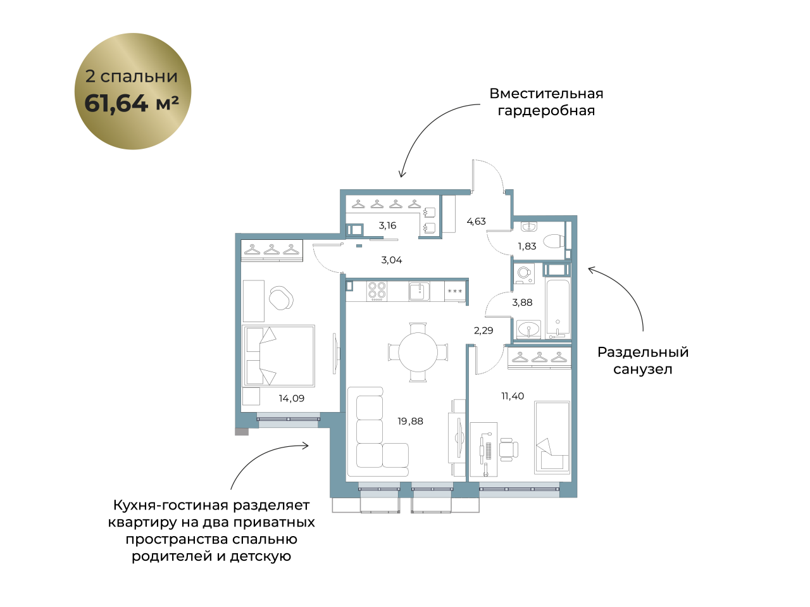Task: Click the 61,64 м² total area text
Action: [132, 103]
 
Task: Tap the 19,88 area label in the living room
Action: [410, 421]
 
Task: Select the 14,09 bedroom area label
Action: [292, 399]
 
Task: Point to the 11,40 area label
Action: [513, 396]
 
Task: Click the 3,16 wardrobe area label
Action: [387, 225]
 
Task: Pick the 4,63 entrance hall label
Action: [476, 222]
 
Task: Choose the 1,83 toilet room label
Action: [527, 246]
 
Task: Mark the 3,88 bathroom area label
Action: [522, 303]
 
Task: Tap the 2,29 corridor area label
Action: [483, 330]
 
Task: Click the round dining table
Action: [418, 352]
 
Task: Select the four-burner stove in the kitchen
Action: [377, 291]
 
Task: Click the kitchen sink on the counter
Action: [419, 291]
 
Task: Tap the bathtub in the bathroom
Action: [558, 309]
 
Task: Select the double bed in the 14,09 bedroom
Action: [278, 356]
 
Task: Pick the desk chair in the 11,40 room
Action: [509, 449]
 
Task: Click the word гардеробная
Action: [546, 110]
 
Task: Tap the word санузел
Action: [643, 369]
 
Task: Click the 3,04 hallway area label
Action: [392, 260]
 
